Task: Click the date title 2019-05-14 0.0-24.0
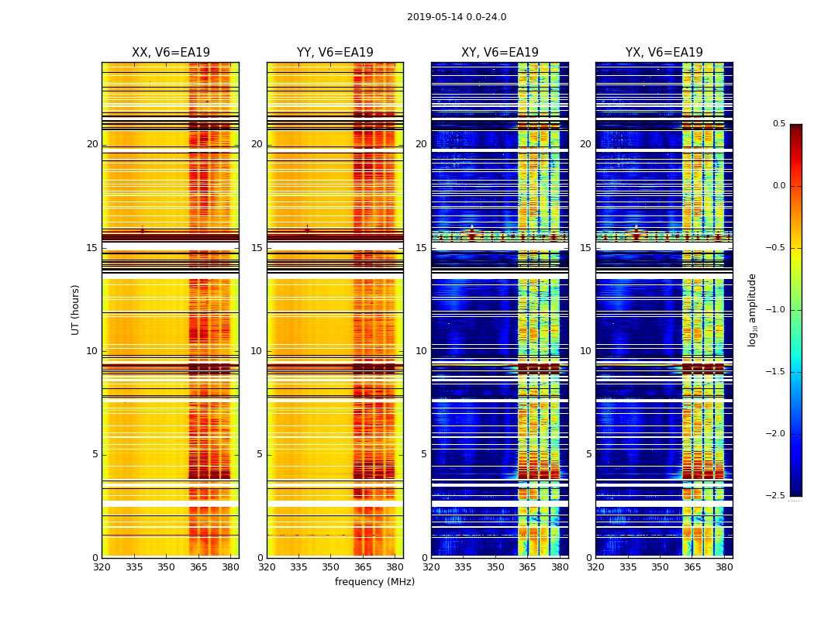click(457, 17)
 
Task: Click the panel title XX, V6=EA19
click(171, 53)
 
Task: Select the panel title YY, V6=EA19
click(335, 53)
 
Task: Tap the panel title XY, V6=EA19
click(500, 53)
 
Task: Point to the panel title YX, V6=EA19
click(664, 53)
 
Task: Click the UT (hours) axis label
click(76, 309)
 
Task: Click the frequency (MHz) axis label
click(374, 582)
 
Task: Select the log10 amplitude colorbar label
click(752, 309)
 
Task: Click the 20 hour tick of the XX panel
click(92, 144)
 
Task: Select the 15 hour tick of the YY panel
click(257, 248)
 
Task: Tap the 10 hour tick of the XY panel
click(422, 351)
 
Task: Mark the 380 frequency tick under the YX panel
click(724, 567)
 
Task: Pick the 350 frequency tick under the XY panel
click(495, 567)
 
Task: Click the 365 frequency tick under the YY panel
click(364, 567)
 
